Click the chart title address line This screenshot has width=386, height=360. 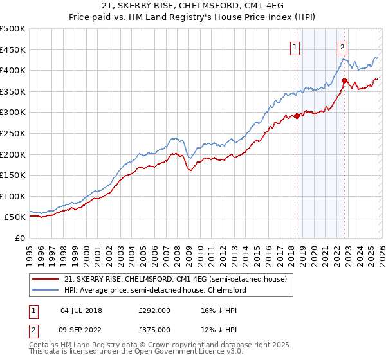tap(192, 6)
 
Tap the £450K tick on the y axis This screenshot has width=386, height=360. tap(13, 50)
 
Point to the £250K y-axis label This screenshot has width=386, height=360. tap(13, 133)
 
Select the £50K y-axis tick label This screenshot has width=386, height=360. tap(15, 217)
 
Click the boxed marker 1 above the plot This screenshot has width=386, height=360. tap(295, 46)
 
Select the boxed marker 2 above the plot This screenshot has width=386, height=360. tap(342, 46)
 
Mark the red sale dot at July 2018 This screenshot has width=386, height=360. tap(297, 116)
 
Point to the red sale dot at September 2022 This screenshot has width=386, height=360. tap(344, 81)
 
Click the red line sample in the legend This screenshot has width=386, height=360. tap(46, 279)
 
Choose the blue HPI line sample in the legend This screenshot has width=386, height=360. tap(46, 290)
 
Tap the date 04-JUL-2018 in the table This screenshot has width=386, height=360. tap(81, 310)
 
